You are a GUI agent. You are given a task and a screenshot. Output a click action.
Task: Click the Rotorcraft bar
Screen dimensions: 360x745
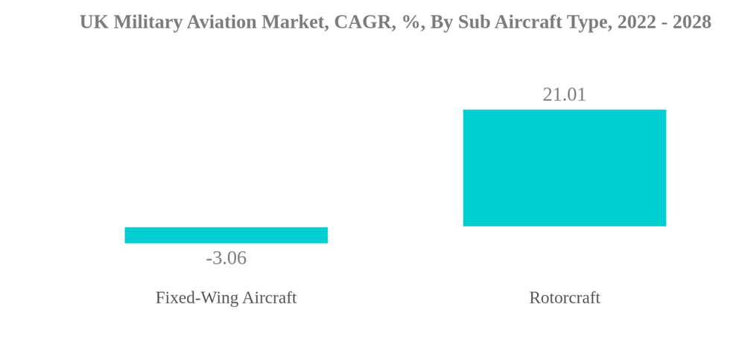tap(564, 168)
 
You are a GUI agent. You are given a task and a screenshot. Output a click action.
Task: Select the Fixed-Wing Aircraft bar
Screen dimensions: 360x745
tap(226, 235)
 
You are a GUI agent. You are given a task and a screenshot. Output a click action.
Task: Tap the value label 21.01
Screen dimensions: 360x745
tap(564, 95)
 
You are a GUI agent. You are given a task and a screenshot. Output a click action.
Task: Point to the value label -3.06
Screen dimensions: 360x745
tap(226, 258)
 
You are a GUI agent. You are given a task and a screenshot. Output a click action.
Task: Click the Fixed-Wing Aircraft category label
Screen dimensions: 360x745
tap(226, 298)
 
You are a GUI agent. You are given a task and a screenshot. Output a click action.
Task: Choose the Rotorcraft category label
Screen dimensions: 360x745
tap(564, 298)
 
